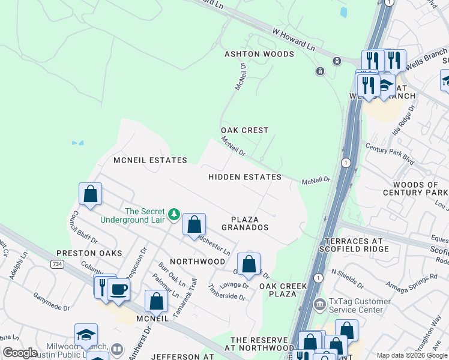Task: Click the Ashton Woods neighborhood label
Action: pos(251,54)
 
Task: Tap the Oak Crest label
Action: pos(244,130)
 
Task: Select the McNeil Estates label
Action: pos(151,160)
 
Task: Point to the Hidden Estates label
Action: pos(245,177)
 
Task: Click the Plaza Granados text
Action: pos(244,223)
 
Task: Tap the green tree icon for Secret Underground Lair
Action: pos(174,214)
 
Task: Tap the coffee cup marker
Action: pos(118,289)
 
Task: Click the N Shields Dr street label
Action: pos(347,278)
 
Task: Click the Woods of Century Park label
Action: pos(415,189)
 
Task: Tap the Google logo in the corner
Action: pos(20,353)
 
